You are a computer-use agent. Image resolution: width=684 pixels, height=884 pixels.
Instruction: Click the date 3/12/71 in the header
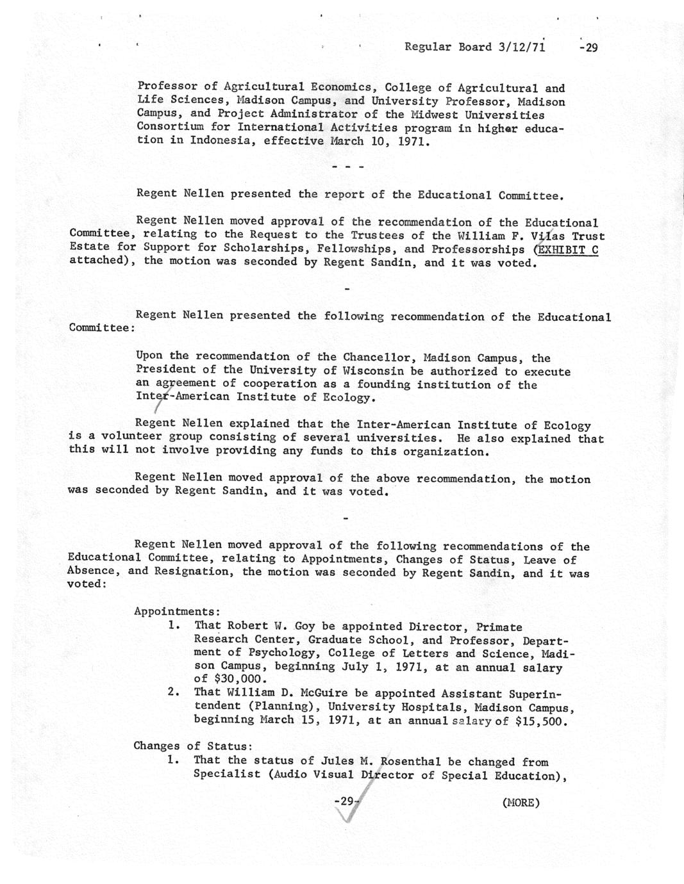click(521, 47)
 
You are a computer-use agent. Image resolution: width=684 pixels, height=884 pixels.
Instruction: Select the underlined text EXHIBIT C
click(567, 249)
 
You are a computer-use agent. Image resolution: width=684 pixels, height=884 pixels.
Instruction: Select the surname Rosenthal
click(410, 762)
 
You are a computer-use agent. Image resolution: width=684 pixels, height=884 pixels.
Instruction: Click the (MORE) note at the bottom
click(521, 802)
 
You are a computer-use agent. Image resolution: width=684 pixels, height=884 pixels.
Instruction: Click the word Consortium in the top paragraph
click(170, 127)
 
